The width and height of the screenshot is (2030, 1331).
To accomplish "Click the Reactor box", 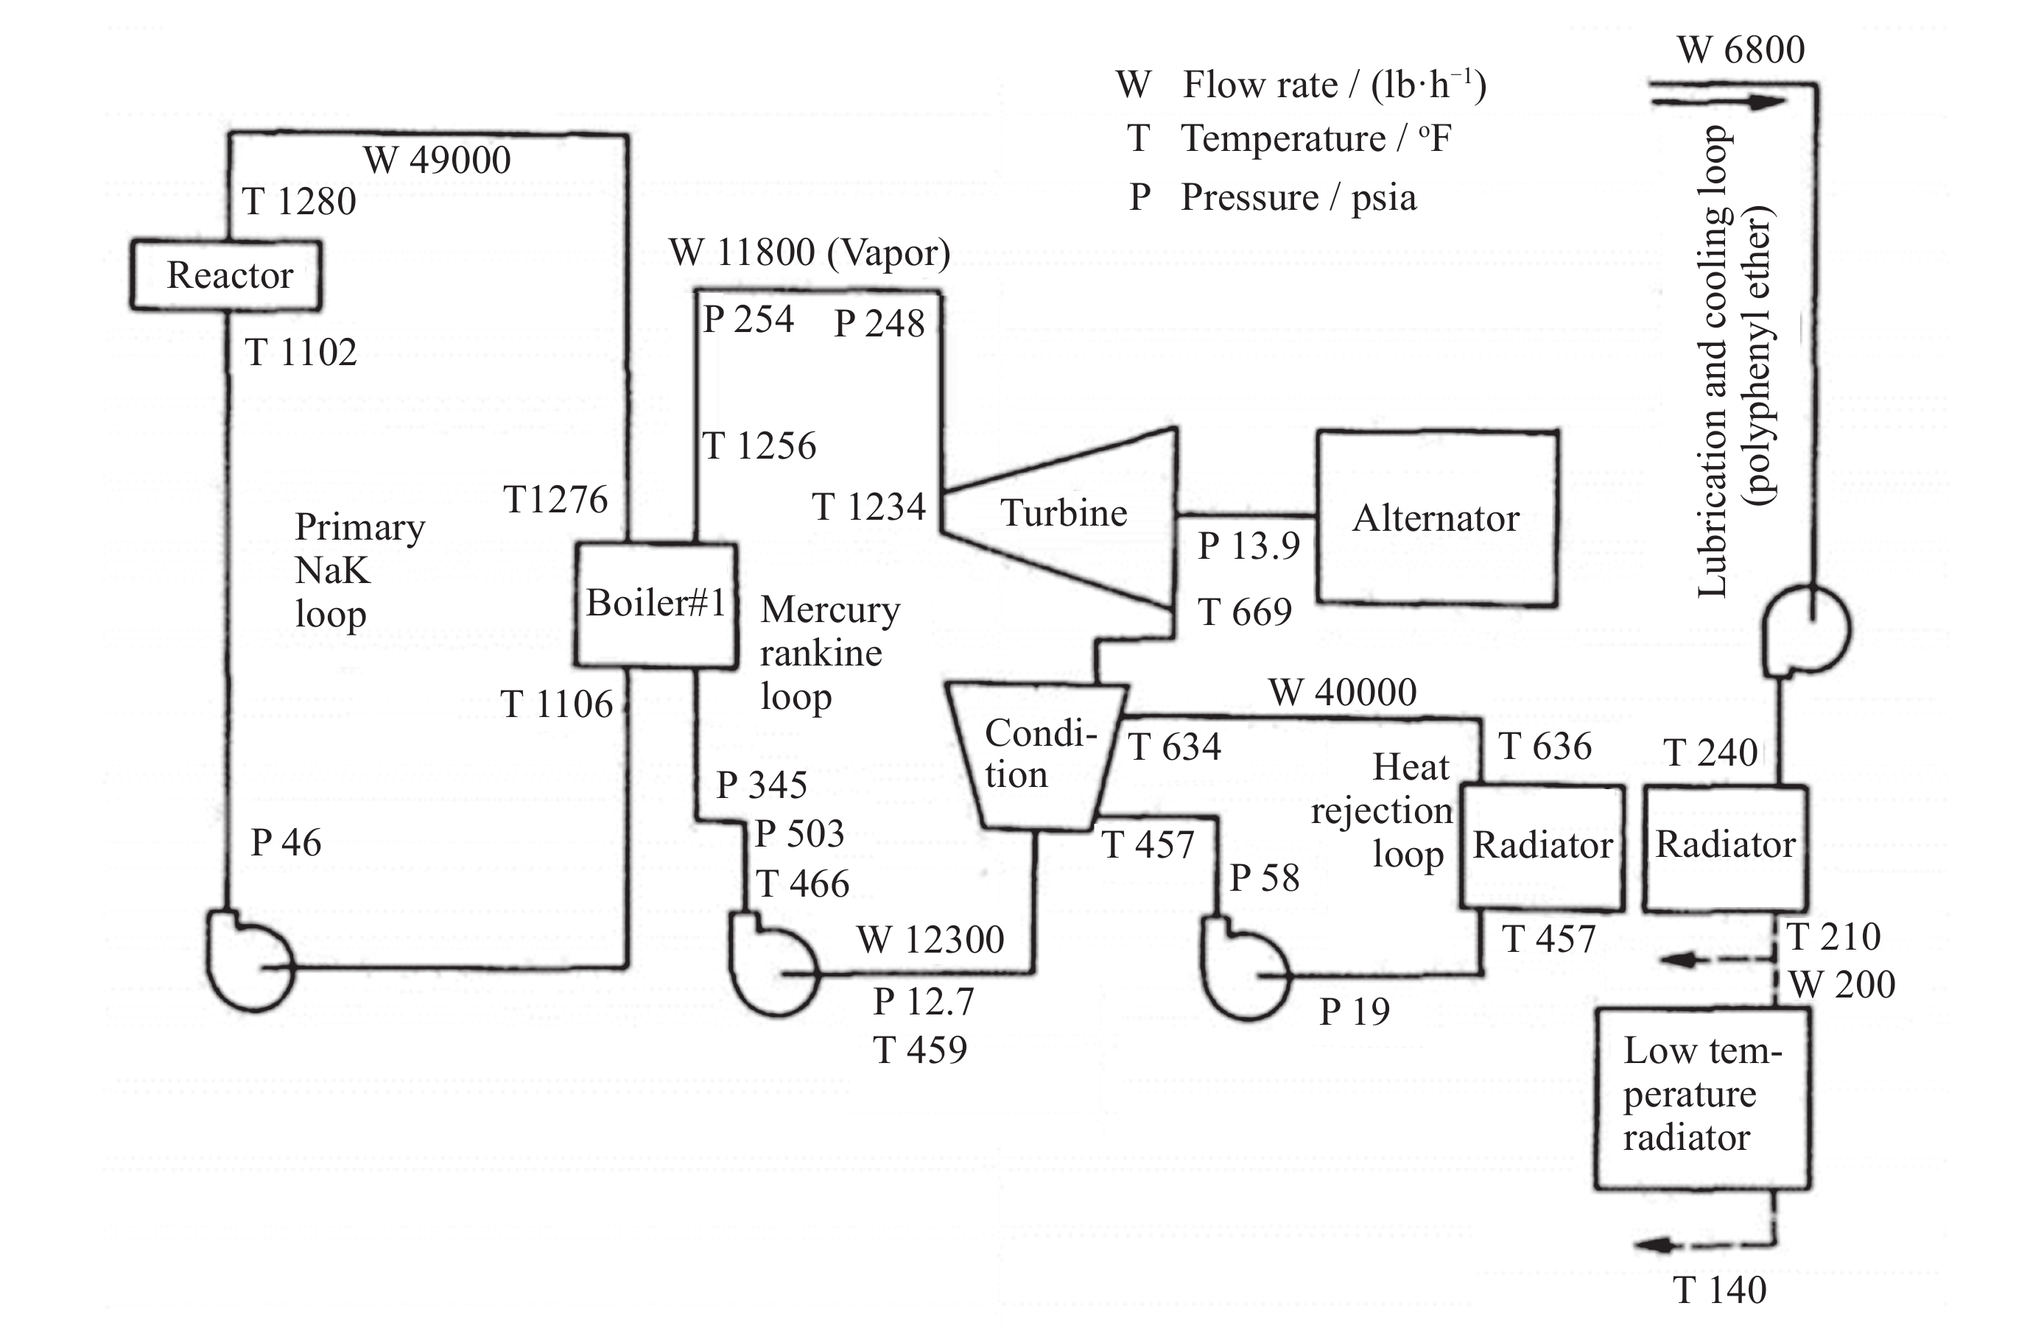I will [x=226, y=275].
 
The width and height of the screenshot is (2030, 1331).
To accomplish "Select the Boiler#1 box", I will [x=655, y=604].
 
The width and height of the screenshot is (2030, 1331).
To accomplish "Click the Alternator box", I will [x=1436, y=518].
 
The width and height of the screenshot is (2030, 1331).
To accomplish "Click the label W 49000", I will [x=437, y=160].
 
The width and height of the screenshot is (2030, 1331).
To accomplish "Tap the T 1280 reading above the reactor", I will [x=298, y=202].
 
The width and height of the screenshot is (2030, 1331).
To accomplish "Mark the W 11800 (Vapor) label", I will [x=809, y=253].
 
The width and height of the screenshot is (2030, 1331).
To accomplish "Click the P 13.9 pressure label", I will [x=1248, y=546].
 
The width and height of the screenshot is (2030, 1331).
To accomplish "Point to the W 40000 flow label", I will [x=1342, y=691].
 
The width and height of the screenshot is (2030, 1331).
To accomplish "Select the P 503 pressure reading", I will [x=799, y=833].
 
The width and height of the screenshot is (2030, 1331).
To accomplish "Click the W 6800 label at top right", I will [x=1741, y=50].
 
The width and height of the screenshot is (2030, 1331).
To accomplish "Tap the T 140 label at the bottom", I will [x=1718, y=1290].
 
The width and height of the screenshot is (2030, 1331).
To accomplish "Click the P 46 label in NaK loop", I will [x=286, y=842].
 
